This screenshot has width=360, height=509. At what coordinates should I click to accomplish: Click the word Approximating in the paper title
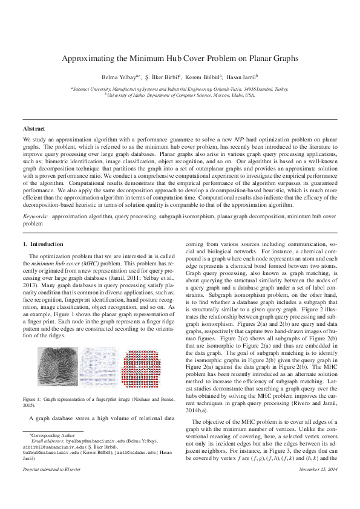(x=90, y=59)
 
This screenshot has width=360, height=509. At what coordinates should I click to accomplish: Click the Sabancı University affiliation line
(x=180, y=88)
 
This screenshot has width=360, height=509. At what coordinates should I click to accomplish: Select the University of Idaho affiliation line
(x=180, y=95)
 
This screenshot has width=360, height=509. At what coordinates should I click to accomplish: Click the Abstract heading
(x=34, y=129)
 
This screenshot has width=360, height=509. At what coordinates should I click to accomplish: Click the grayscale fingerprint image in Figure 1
(x=57, y=369)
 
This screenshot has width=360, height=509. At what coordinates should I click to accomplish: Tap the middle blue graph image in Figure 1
(x=101, y=369)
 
